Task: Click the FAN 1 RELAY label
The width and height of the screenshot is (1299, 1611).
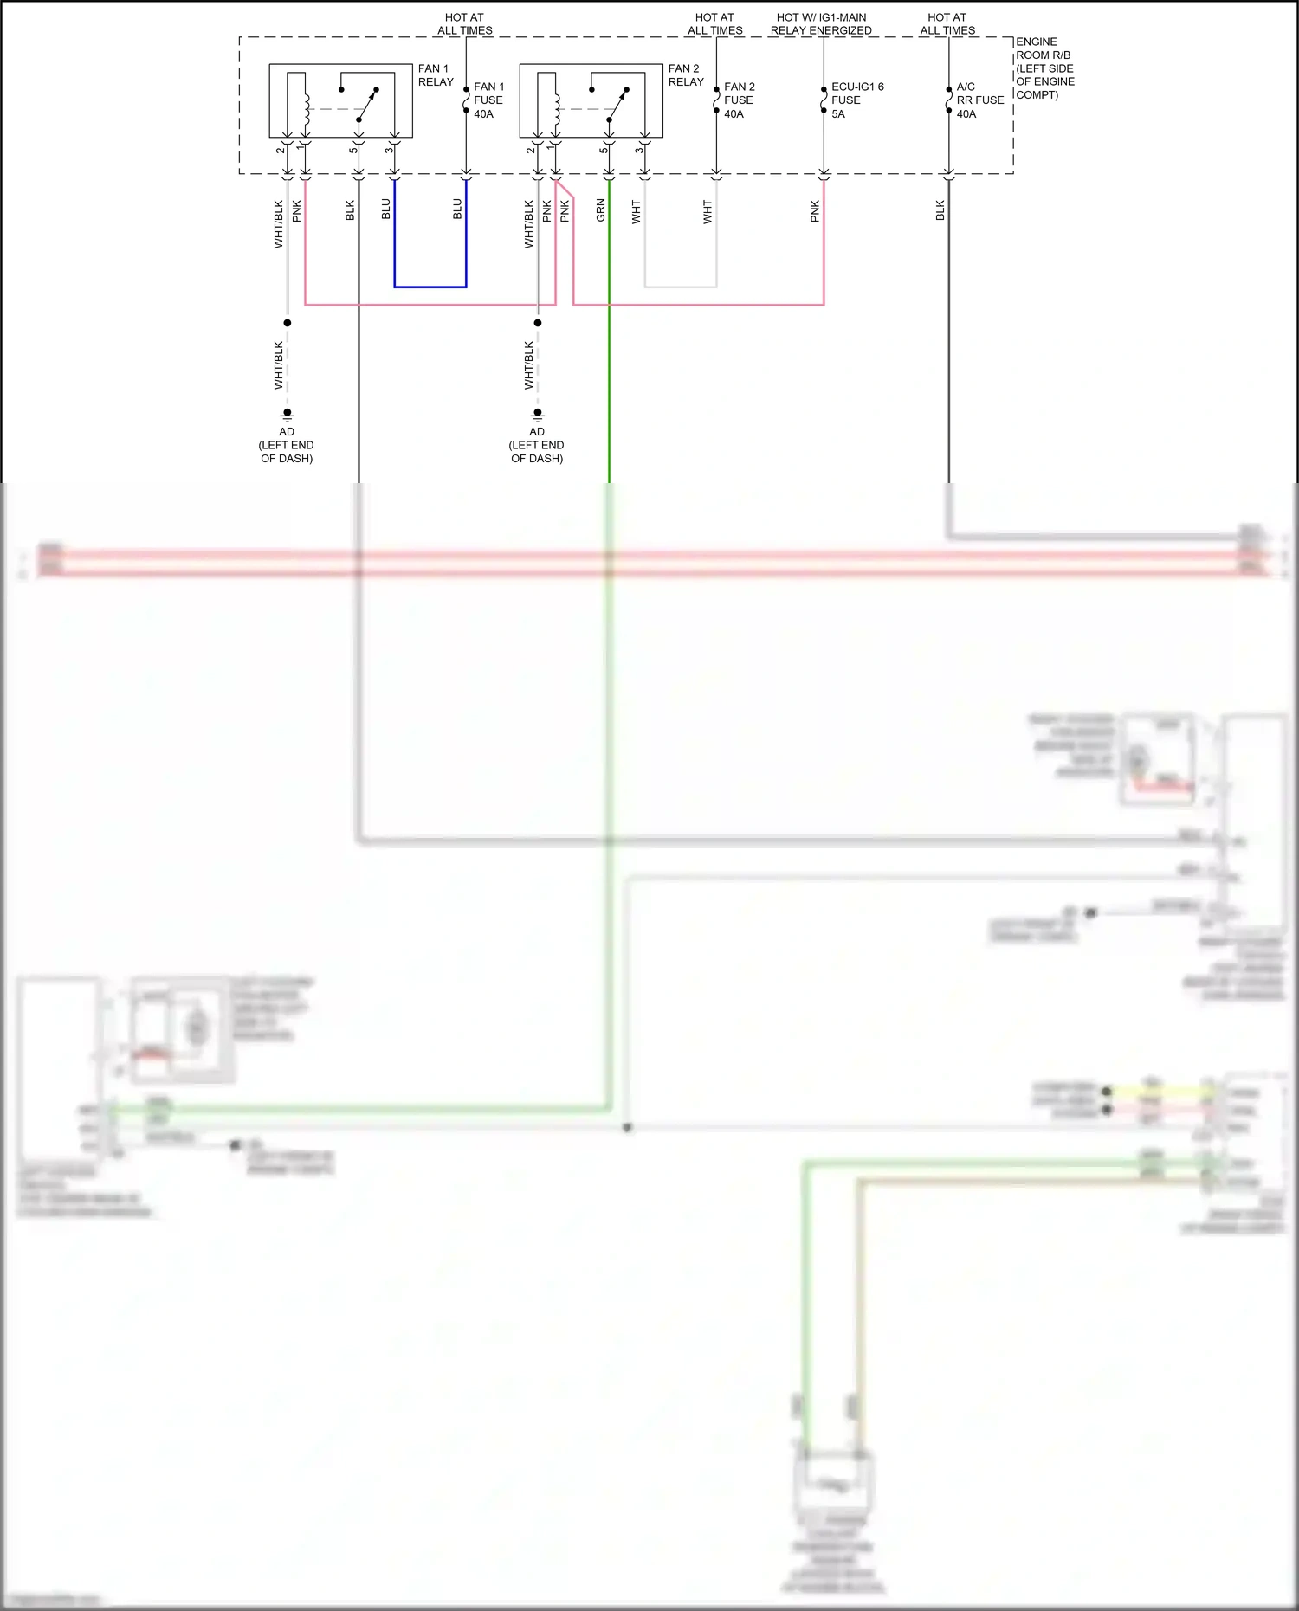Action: [435, 75]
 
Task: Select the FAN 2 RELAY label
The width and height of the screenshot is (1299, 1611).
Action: [685, 75]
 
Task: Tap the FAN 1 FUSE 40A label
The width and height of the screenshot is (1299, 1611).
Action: [488, 100]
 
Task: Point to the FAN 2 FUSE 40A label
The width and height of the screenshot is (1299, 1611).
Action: [739, 100]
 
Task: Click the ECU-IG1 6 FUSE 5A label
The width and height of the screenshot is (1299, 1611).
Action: [856, 100]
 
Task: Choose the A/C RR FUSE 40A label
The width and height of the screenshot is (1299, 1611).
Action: [979, 100]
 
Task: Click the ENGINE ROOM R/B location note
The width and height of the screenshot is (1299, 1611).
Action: [1044, 68]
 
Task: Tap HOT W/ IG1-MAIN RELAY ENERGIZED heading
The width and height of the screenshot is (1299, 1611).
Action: [821, 23]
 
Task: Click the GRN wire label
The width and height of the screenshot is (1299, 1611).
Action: [600, 210]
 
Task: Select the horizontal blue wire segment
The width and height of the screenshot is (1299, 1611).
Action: [430, 287]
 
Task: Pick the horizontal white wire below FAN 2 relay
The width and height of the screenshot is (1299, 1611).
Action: [681, 287]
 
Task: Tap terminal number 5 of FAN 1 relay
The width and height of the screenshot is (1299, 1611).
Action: [352, 151]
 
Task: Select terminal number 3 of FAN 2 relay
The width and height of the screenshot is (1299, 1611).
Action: [638, 151]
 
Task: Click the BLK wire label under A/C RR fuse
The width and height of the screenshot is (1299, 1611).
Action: [940, 210]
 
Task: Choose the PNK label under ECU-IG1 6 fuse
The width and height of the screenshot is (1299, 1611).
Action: [815, 211]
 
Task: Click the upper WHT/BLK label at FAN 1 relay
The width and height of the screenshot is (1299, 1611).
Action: [279, 224]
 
